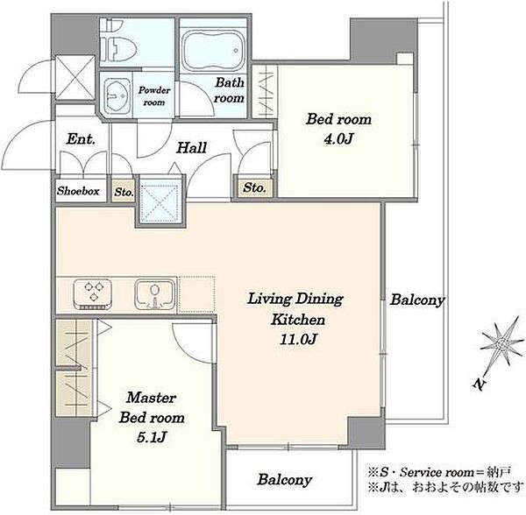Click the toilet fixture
click(118, 42)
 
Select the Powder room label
click(154, 96)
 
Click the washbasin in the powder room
click(117, 95)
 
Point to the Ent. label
click(81, 139)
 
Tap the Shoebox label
click(78, 191)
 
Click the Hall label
click(191, 148)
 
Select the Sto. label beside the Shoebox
click(124, 192)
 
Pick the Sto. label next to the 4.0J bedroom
click(254, 187)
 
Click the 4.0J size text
click(338, 138)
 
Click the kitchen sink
click(154, 294)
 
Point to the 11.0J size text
click(298, 340)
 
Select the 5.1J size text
click(152, 437)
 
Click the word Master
click(151, 398)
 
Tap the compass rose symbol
click(502, 344)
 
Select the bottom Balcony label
click(284, 480)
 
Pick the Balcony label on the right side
click(417, 300)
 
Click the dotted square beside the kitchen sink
click(197, 294)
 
